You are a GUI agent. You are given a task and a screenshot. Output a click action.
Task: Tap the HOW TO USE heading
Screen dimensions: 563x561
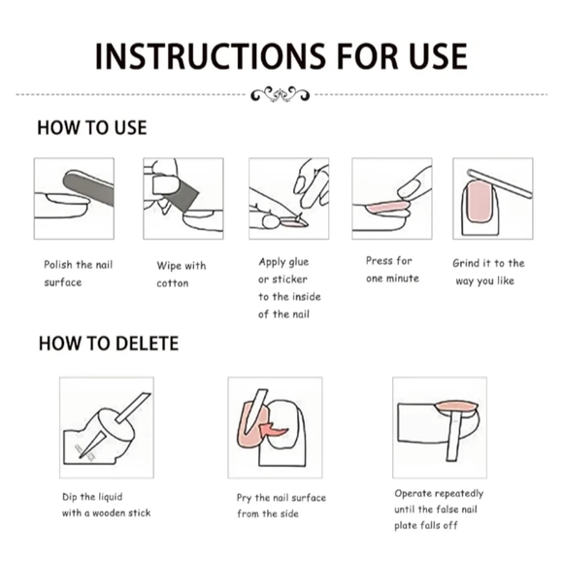coord(92,127)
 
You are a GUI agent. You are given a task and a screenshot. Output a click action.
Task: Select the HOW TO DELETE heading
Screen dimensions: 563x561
coord(109,344)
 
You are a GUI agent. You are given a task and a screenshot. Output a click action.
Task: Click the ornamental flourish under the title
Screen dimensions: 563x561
coord(281,94)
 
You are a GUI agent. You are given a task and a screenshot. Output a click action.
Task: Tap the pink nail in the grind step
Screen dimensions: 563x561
coord(479,201)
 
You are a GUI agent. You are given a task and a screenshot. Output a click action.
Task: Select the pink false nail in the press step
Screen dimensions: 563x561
coord(387,207)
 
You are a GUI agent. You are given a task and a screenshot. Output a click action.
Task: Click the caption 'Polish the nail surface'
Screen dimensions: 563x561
coord(79,274)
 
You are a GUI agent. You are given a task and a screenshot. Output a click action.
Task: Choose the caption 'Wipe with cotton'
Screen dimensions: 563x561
coord(181,275)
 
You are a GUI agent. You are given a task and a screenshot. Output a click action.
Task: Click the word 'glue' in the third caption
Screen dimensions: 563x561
coord(298,262)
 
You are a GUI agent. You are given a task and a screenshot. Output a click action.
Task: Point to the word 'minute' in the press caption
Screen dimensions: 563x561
coord(403,279)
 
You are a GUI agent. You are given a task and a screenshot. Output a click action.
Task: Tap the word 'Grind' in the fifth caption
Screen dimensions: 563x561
coord(465,263)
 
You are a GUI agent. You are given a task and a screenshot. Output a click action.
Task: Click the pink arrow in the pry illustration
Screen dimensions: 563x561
coord(273,429)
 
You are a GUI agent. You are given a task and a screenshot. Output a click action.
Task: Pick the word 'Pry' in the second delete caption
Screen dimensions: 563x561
coord(244,499)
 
